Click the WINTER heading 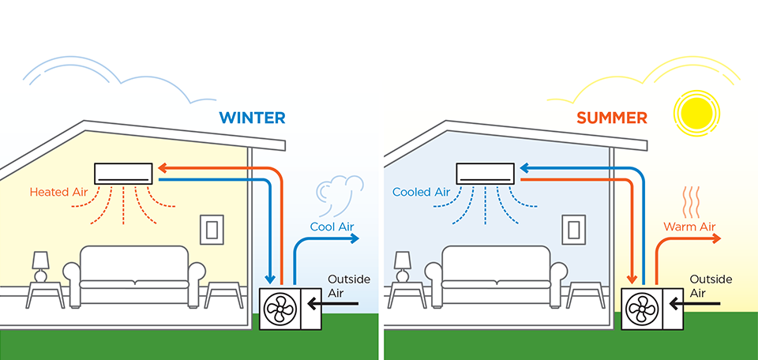click(x=252, y=118)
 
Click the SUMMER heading click(x=611, y=118)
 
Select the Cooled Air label click(x=421, y=192)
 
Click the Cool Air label click(x=332, y=227)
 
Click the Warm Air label click(x=689, y=227)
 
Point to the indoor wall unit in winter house click(x=124, y=173)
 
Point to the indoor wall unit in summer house click(x=485, y=173)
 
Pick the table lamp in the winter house click(x=40, y=265)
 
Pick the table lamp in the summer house click(x=402, y=265)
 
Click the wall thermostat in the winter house click(x=211, y=228)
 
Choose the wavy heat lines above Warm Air click(x=692, y=202)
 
